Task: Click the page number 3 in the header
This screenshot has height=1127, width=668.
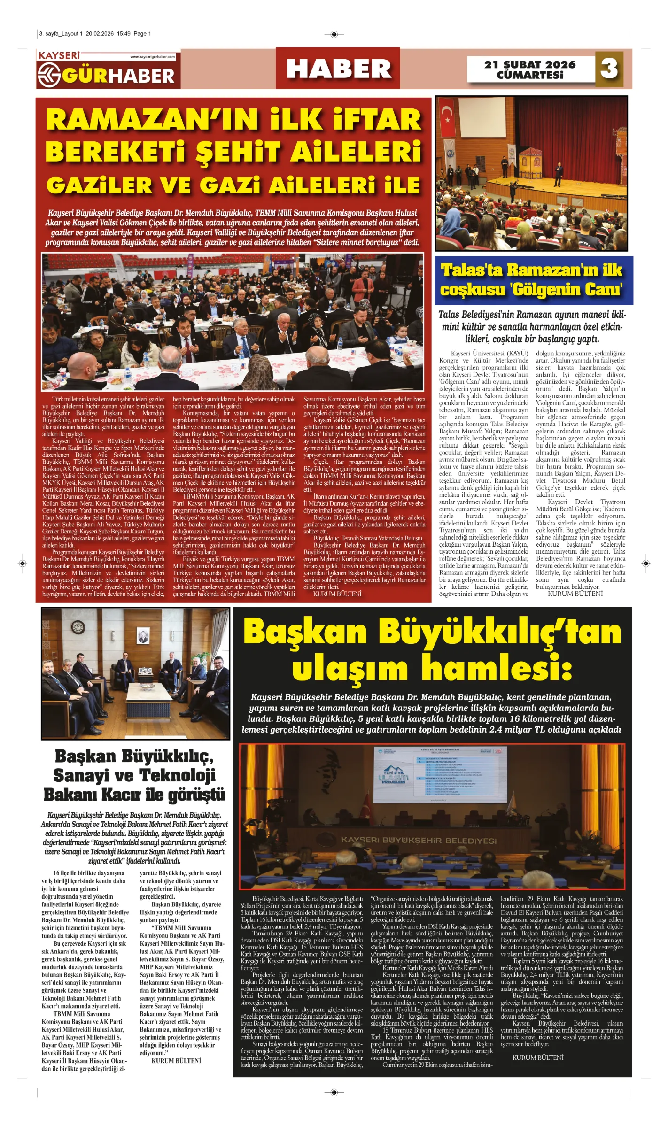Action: (609, 69)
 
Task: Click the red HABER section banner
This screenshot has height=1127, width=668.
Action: (338, 69)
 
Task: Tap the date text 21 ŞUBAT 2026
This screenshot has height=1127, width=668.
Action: (530, 64)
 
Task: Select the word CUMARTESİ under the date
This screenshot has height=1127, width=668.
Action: (530, 75)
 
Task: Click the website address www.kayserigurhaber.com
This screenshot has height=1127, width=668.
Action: (152, 57)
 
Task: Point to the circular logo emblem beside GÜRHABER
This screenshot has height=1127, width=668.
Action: (49, 76)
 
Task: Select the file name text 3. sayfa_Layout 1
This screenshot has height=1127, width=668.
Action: (61, 34)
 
